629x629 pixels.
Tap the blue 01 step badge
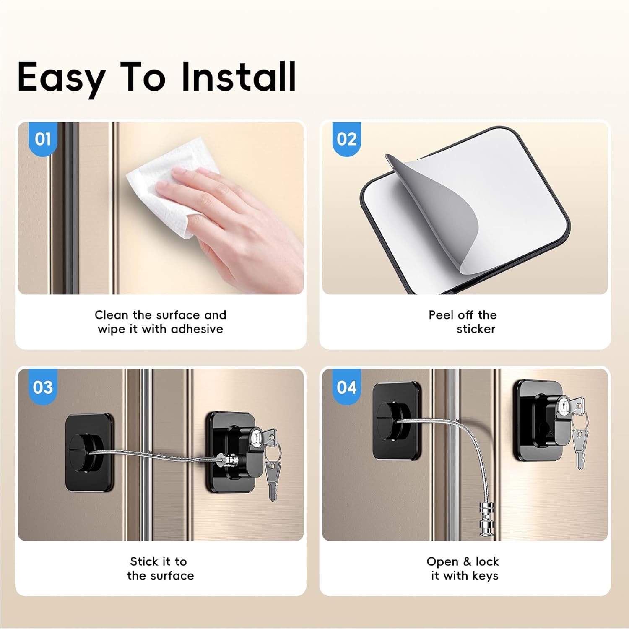coord(43,139)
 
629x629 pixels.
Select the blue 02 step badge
coord(346,139)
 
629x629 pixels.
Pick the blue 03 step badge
coord(43,387)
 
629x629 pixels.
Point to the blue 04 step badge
coord(346,387)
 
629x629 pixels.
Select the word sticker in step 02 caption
coord(476,329)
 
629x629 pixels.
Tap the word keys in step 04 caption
coord(485,576)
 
